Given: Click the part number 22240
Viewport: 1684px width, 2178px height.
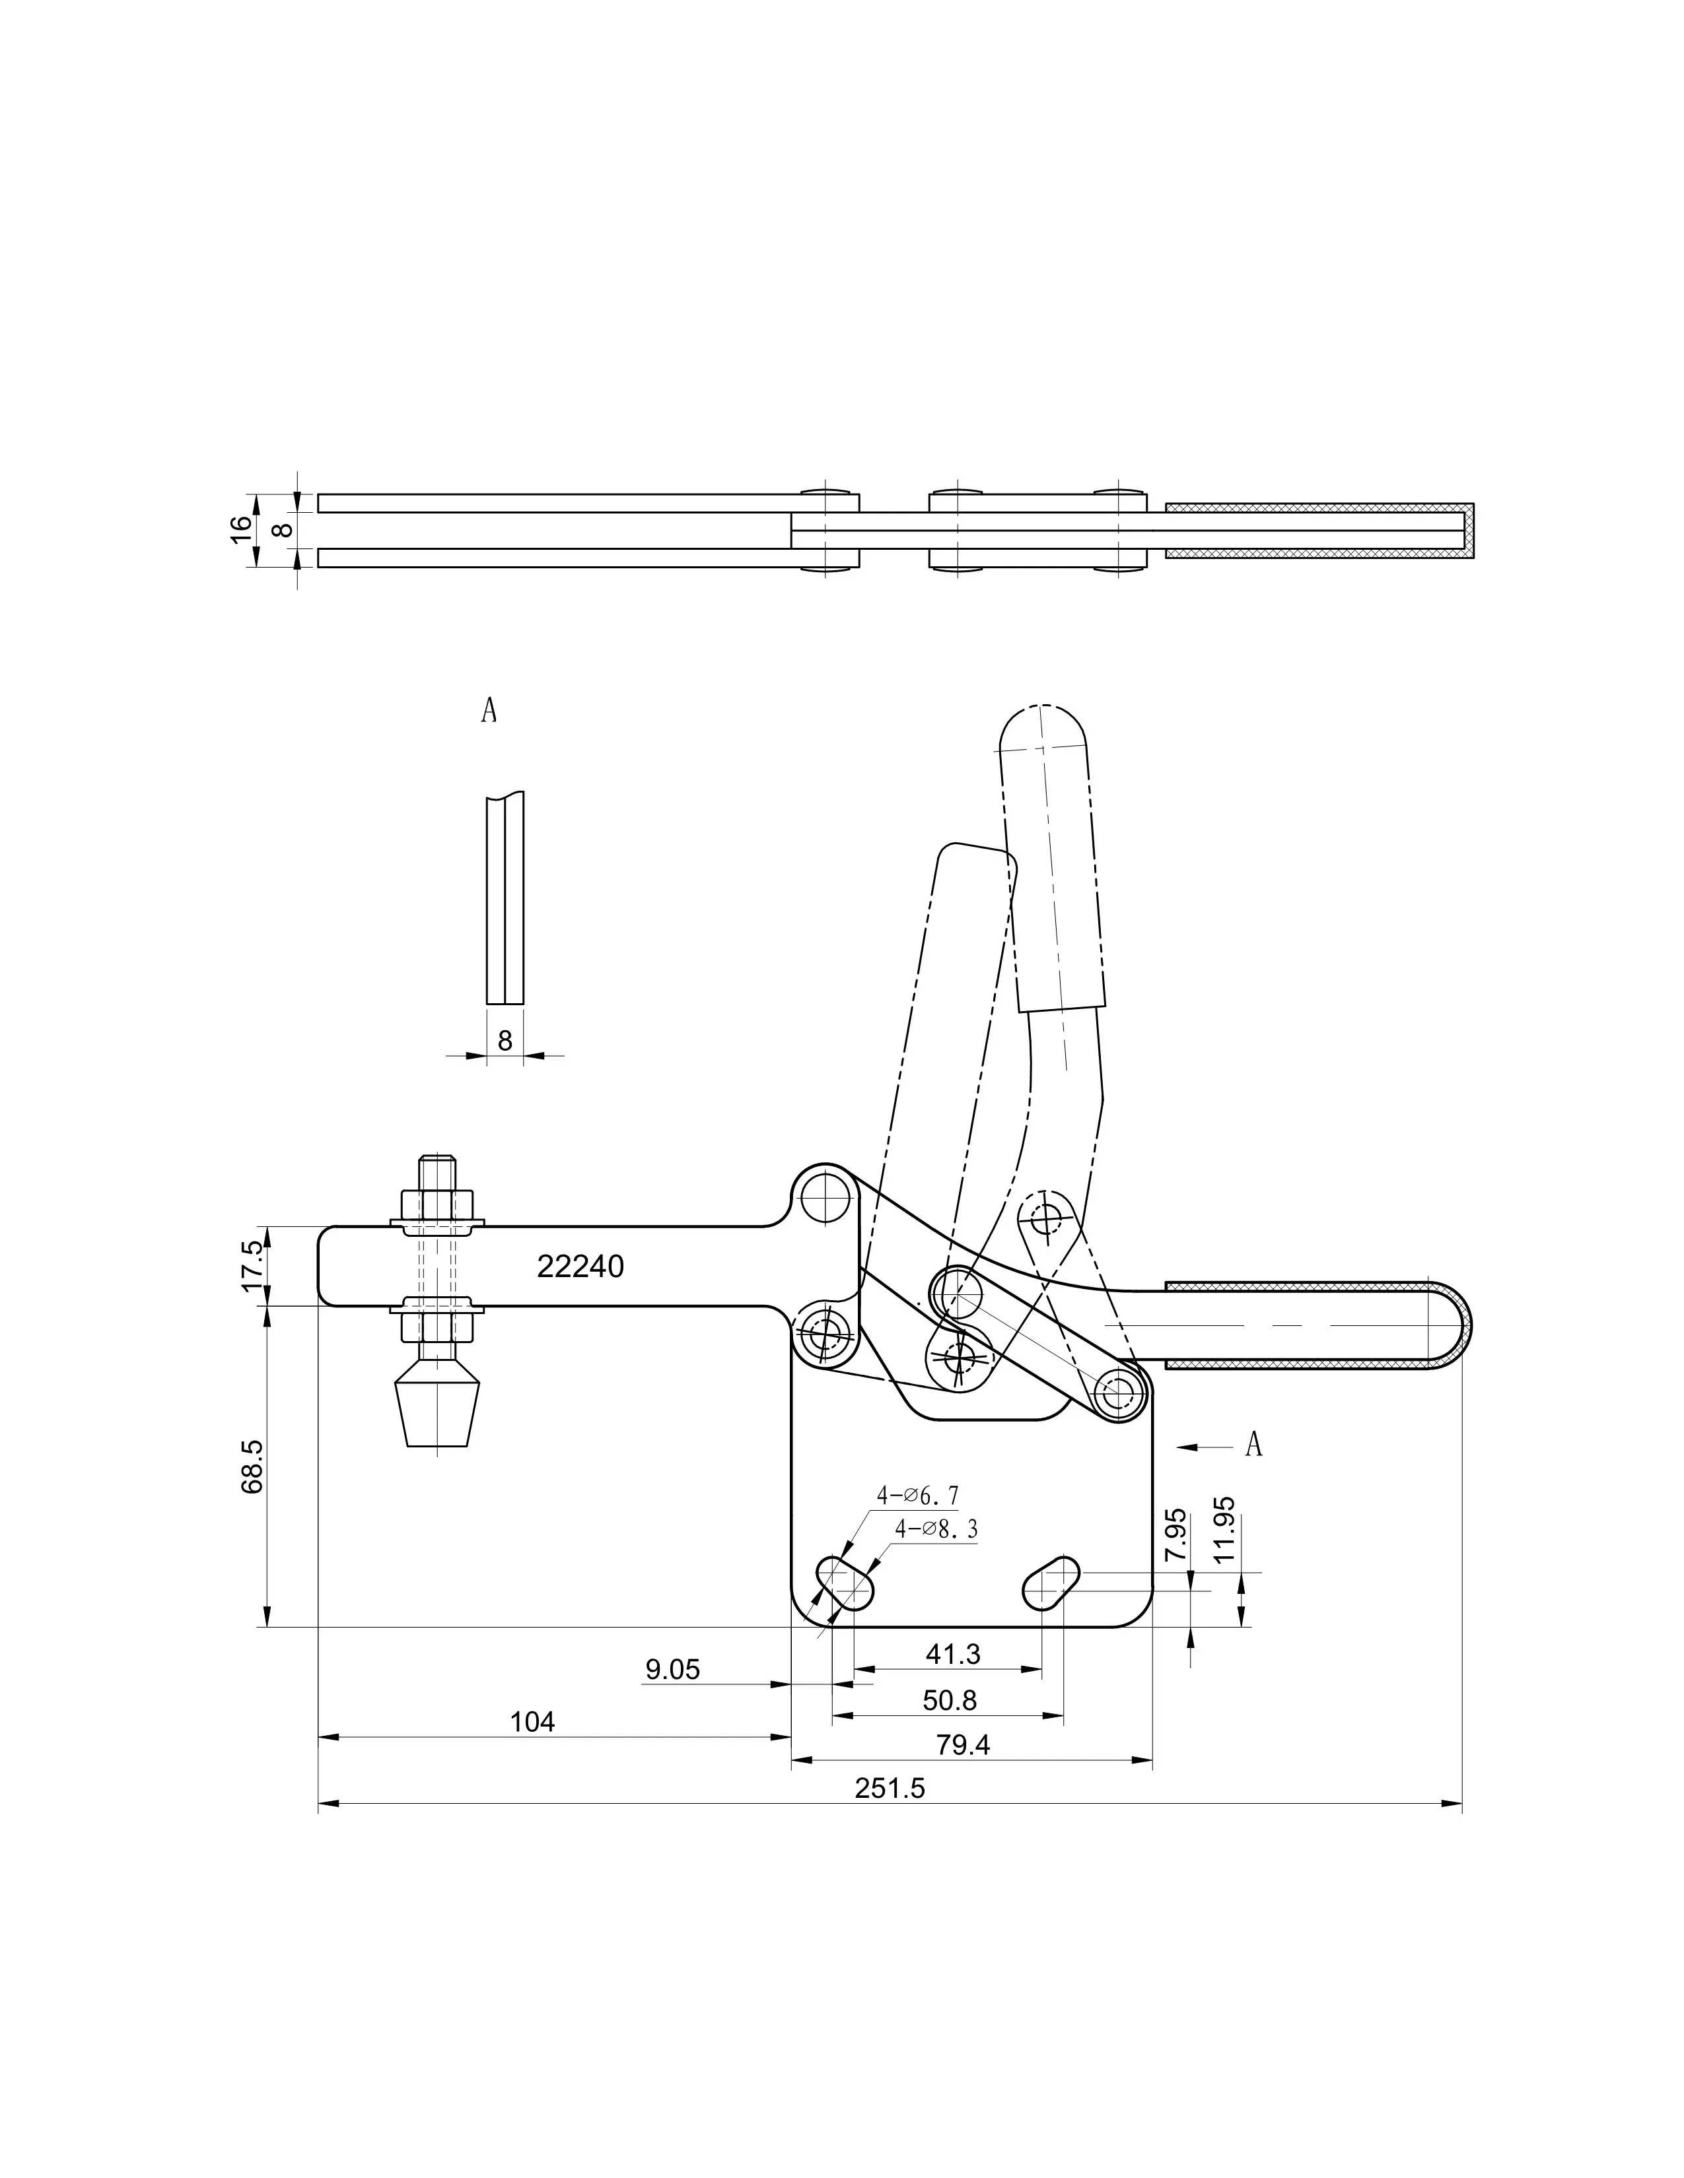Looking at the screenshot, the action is (580, 1267).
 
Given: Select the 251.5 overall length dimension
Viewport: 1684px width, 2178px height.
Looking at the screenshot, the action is (890, 1788).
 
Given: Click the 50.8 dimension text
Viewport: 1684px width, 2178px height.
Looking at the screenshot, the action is (950, 1700).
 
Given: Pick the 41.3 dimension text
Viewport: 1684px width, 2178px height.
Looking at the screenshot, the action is (953, 1655).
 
